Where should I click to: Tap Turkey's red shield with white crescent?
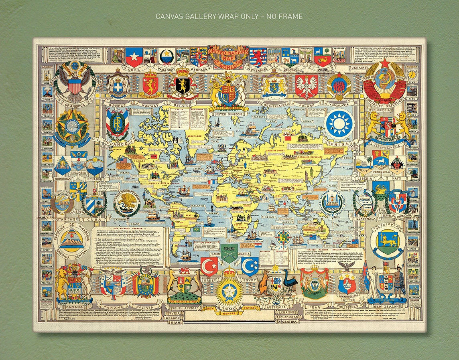(209, 266)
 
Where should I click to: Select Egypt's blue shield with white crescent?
(250, 266)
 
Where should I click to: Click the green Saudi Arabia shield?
(229, 253)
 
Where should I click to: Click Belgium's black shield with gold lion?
(183, 85)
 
